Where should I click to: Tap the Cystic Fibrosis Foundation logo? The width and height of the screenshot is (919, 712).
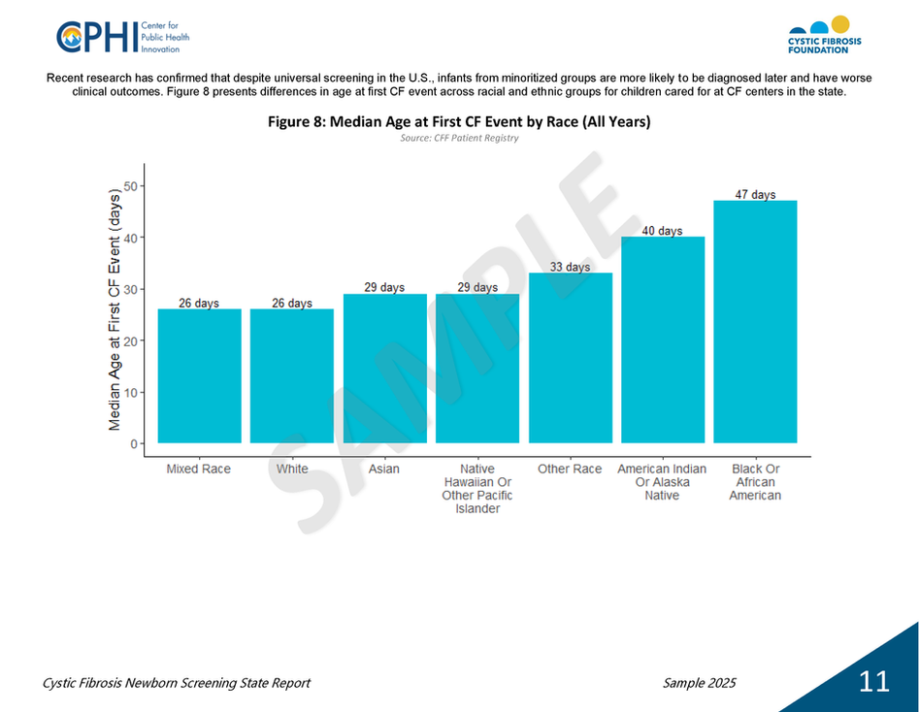tap(823, 35)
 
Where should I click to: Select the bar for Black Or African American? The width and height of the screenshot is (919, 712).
tap(755, 321)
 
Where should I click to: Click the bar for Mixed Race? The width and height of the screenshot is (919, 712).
tap(199, 375)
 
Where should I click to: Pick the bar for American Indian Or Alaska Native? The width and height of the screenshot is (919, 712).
tap(663, 340)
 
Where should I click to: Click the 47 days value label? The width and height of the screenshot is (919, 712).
tap(755, 195)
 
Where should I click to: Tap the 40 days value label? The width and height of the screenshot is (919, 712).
tap(662, 231)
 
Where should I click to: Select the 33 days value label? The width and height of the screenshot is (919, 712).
tap(570, 267)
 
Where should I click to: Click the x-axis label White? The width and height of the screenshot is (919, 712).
tap(292, 469)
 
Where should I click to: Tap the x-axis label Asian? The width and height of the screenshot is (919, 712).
tap(384, 469)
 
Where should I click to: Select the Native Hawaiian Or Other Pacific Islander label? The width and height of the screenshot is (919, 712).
tap(477, 489)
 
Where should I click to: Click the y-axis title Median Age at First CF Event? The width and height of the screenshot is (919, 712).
tap(115, 310)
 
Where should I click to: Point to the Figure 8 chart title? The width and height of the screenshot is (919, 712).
tap(459, 122)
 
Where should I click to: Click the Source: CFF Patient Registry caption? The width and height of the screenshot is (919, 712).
tap(459, 139)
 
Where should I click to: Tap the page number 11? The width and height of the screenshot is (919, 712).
tap(873, 682)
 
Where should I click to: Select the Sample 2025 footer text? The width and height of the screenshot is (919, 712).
tap(699, 683)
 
